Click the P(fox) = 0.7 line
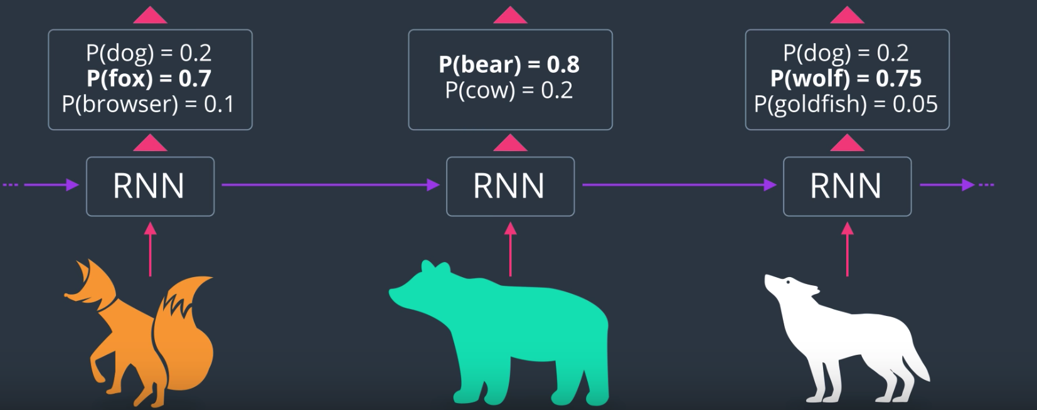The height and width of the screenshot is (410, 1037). coord(149,78)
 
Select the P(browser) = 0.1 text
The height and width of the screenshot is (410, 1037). coord(148,104)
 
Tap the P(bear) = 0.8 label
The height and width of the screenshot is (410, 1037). coord(509,64)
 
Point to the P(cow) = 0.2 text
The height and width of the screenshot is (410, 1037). coord(509,90)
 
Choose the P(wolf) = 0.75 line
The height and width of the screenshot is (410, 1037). coord(846,78)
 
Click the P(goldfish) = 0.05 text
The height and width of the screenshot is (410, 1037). coord(846,104)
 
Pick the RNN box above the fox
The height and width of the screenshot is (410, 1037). coord(150,186)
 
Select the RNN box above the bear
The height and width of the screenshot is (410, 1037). coord(510,186)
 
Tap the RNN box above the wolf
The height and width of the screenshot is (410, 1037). coord(847,186)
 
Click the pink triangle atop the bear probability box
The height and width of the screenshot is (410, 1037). coord(510,16)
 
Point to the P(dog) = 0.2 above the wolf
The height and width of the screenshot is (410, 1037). coord(846,53)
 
